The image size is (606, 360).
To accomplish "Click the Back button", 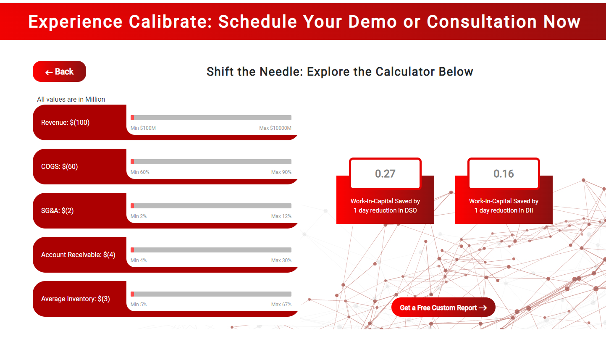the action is [59, 71].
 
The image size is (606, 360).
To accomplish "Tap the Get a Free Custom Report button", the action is [443, 307].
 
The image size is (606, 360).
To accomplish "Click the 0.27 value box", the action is [385, 173].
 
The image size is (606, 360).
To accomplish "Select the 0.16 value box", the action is [504, 173].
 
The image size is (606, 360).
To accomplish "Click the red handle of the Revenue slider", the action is [132, 118].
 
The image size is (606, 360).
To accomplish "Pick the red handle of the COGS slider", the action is [132, 162].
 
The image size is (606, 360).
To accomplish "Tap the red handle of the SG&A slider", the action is [132, 206].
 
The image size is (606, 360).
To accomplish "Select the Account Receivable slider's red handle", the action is [132, 250].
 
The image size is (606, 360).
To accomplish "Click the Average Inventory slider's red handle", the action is [132, 294].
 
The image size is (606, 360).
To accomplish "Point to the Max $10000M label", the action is [275, 128].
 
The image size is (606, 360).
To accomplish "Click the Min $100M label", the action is [143, 128].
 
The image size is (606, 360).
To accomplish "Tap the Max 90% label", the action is [281, 172].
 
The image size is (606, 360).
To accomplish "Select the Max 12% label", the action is [281, 216].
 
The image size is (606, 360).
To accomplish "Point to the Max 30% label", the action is [281, 260].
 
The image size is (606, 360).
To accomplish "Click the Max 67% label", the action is [281, 305].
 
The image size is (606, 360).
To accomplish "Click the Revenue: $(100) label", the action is [65, 122].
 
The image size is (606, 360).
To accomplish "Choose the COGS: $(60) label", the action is [60, 166].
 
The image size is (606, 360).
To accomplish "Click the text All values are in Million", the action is [71, 99].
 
